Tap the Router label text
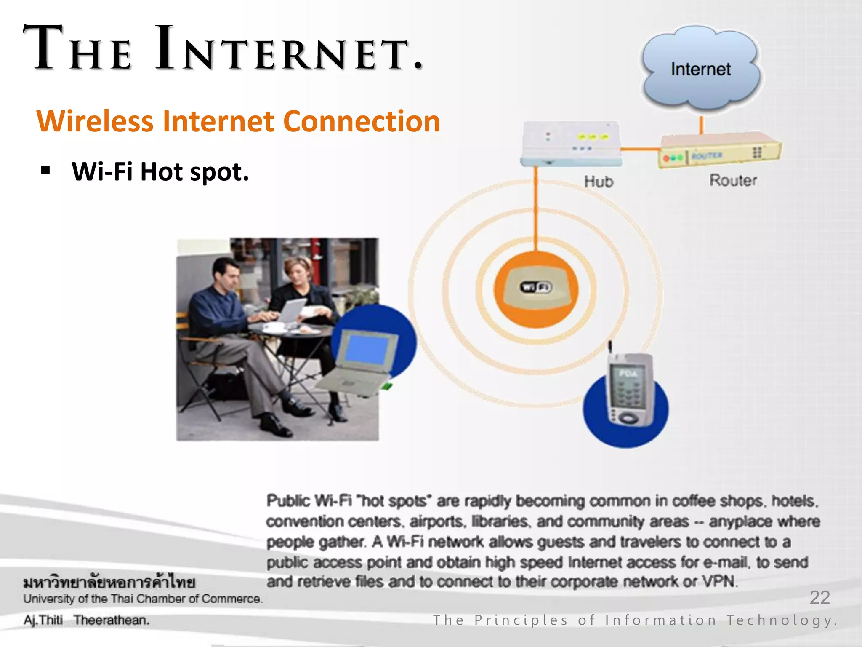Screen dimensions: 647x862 click(733, 180)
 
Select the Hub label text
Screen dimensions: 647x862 click(599, 182)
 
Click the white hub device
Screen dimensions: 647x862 click(571, 143)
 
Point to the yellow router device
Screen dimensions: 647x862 click(719, 151)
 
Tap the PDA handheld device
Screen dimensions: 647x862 click(630, 390)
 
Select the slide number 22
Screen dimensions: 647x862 click(819, 597)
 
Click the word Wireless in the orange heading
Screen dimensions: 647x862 click(95, 121)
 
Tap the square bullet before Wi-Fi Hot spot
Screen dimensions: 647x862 click(45, 171)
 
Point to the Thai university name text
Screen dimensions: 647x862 click(109, 583)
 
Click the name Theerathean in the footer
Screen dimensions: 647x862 click(111, 620)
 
